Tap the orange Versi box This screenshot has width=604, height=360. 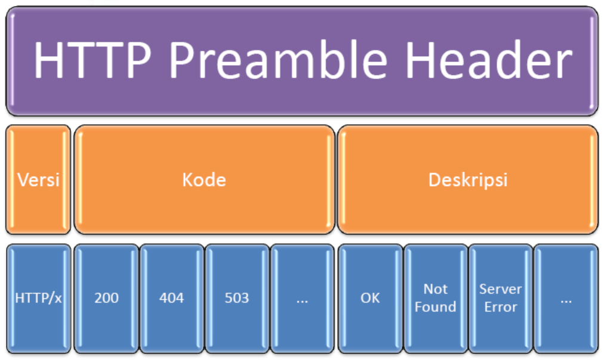coord(38,179)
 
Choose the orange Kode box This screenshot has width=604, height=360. coord(204,179)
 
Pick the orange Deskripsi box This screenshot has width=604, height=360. coord(468,179)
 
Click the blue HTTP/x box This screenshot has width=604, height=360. coord(38,297)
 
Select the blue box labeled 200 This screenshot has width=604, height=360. coord(106,297)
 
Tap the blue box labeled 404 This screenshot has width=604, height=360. coord(172,297)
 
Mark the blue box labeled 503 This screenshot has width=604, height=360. coord(237,297)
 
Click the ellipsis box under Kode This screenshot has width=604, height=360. coord(302,297)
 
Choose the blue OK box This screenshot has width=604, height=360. coord(370,297)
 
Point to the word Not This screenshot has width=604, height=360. coord(436,289)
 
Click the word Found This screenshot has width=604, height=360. coord(436,307)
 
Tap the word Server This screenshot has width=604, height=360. coord(501,289)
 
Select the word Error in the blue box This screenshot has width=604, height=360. coord(501,307)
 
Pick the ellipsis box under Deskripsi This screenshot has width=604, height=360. coord(566,297)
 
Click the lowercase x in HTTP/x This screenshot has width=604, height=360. coord(58,298)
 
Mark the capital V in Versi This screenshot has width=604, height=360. coord(22,179)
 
